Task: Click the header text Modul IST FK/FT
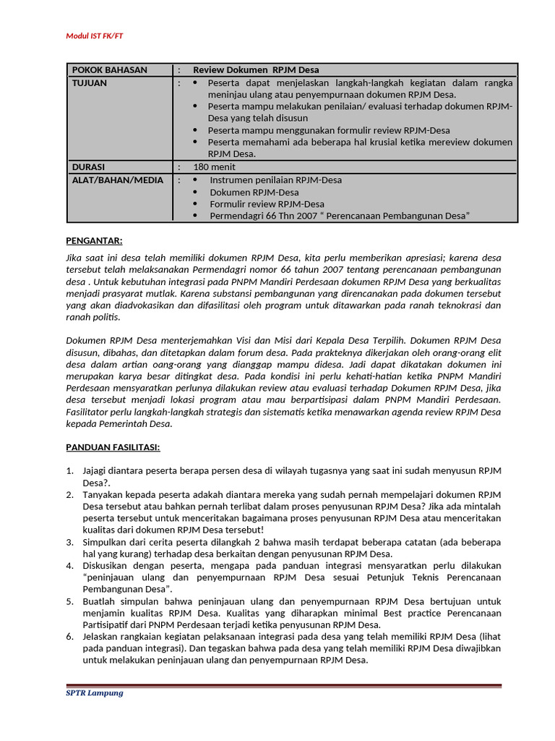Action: [99, 35]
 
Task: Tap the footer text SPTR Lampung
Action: [95, 693]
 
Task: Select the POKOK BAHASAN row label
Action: [109, 70]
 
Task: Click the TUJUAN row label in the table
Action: [89, 83]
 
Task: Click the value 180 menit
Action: [214, 167]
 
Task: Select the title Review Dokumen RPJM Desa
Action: [256, 70]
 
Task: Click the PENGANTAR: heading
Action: [94, 241]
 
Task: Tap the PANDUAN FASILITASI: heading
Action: [113, 448]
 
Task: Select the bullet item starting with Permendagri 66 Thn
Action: [340, 216]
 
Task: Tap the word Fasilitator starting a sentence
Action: [88, 412]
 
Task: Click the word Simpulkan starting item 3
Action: [105, 541]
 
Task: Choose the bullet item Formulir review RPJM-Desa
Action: [267, 204]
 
